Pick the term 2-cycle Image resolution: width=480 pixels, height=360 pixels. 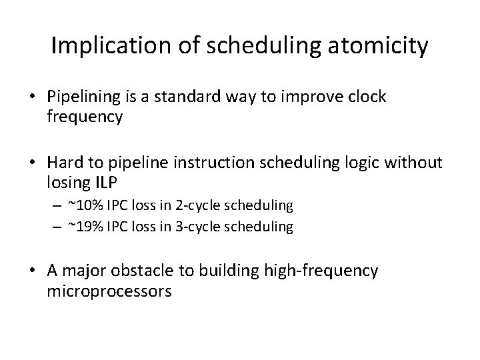[195, 205]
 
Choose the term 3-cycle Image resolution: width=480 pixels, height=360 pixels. [195, 227]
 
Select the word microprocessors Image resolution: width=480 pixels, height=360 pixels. [109, 292]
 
